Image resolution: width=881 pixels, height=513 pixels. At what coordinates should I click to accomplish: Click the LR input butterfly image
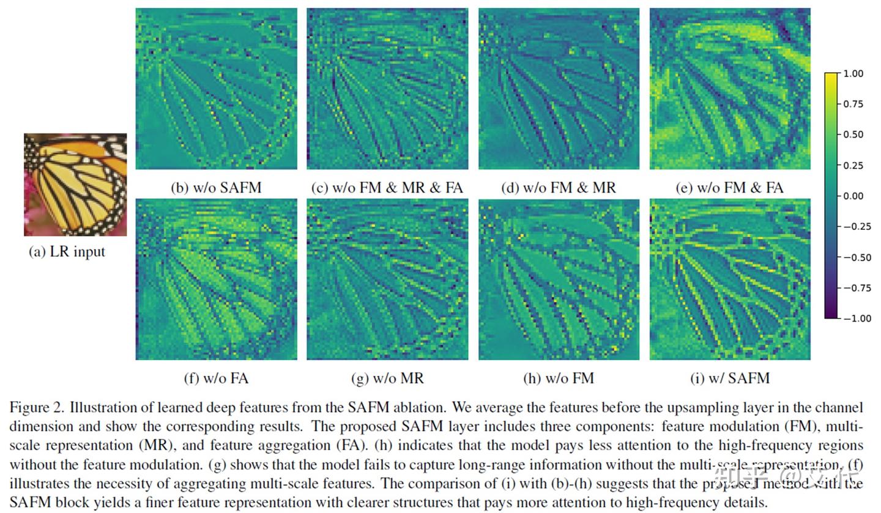[x=75, y=185]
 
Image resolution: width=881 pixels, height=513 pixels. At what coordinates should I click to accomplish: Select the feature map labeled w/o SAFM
[x=216, y=89]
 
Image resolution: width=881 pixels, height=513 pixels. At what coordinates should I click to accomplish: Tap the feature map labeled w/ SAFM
[x=730, y=279]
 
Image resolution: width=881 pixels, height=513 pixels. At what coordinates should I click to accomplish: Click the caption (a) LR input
[x=67, y=252]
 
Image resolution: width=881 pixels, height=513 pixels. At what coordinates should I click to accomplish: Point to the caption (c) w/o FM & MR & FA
[x=387, y=188]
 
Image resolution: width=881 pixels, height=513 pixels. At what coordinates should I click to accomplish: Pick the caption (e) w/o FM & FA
[x=729, y=188]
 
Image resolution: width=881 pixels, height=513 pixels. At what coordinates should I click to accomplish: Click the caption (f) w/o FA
[x=216, y=378]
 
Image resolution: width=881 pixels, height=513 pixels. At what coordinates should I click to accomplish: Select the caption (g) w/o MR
[x=387, y=378]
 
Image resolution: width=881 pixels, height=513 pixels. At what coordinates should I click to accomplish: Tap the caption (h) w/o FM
[x=558, y=378]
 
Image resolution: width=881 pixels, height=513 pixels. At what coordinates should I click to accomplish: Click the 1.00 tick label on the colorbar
[x=852, y=74]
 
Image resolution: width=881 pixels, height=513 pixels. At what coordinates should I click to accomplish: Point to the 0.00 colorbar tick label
[x=852, y=196]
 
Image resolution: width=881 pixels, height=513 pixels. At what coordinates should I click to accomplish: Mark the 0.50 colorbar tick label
[x=852, y=135]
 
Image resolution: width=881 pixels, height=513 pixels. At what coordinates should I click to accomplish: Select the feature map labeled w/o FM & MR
[x=559, y=89]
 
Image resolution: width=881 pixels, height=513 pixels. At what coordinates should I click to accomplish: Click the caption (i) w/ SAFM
[x=729, y=378]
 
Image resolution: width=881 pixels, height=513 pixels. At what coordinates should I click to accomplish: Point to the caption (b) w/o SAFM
[x=216, y=188]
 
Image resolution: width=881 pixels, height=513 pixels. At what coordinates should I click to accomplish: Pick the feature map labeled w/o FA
[x=216, y=279]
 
